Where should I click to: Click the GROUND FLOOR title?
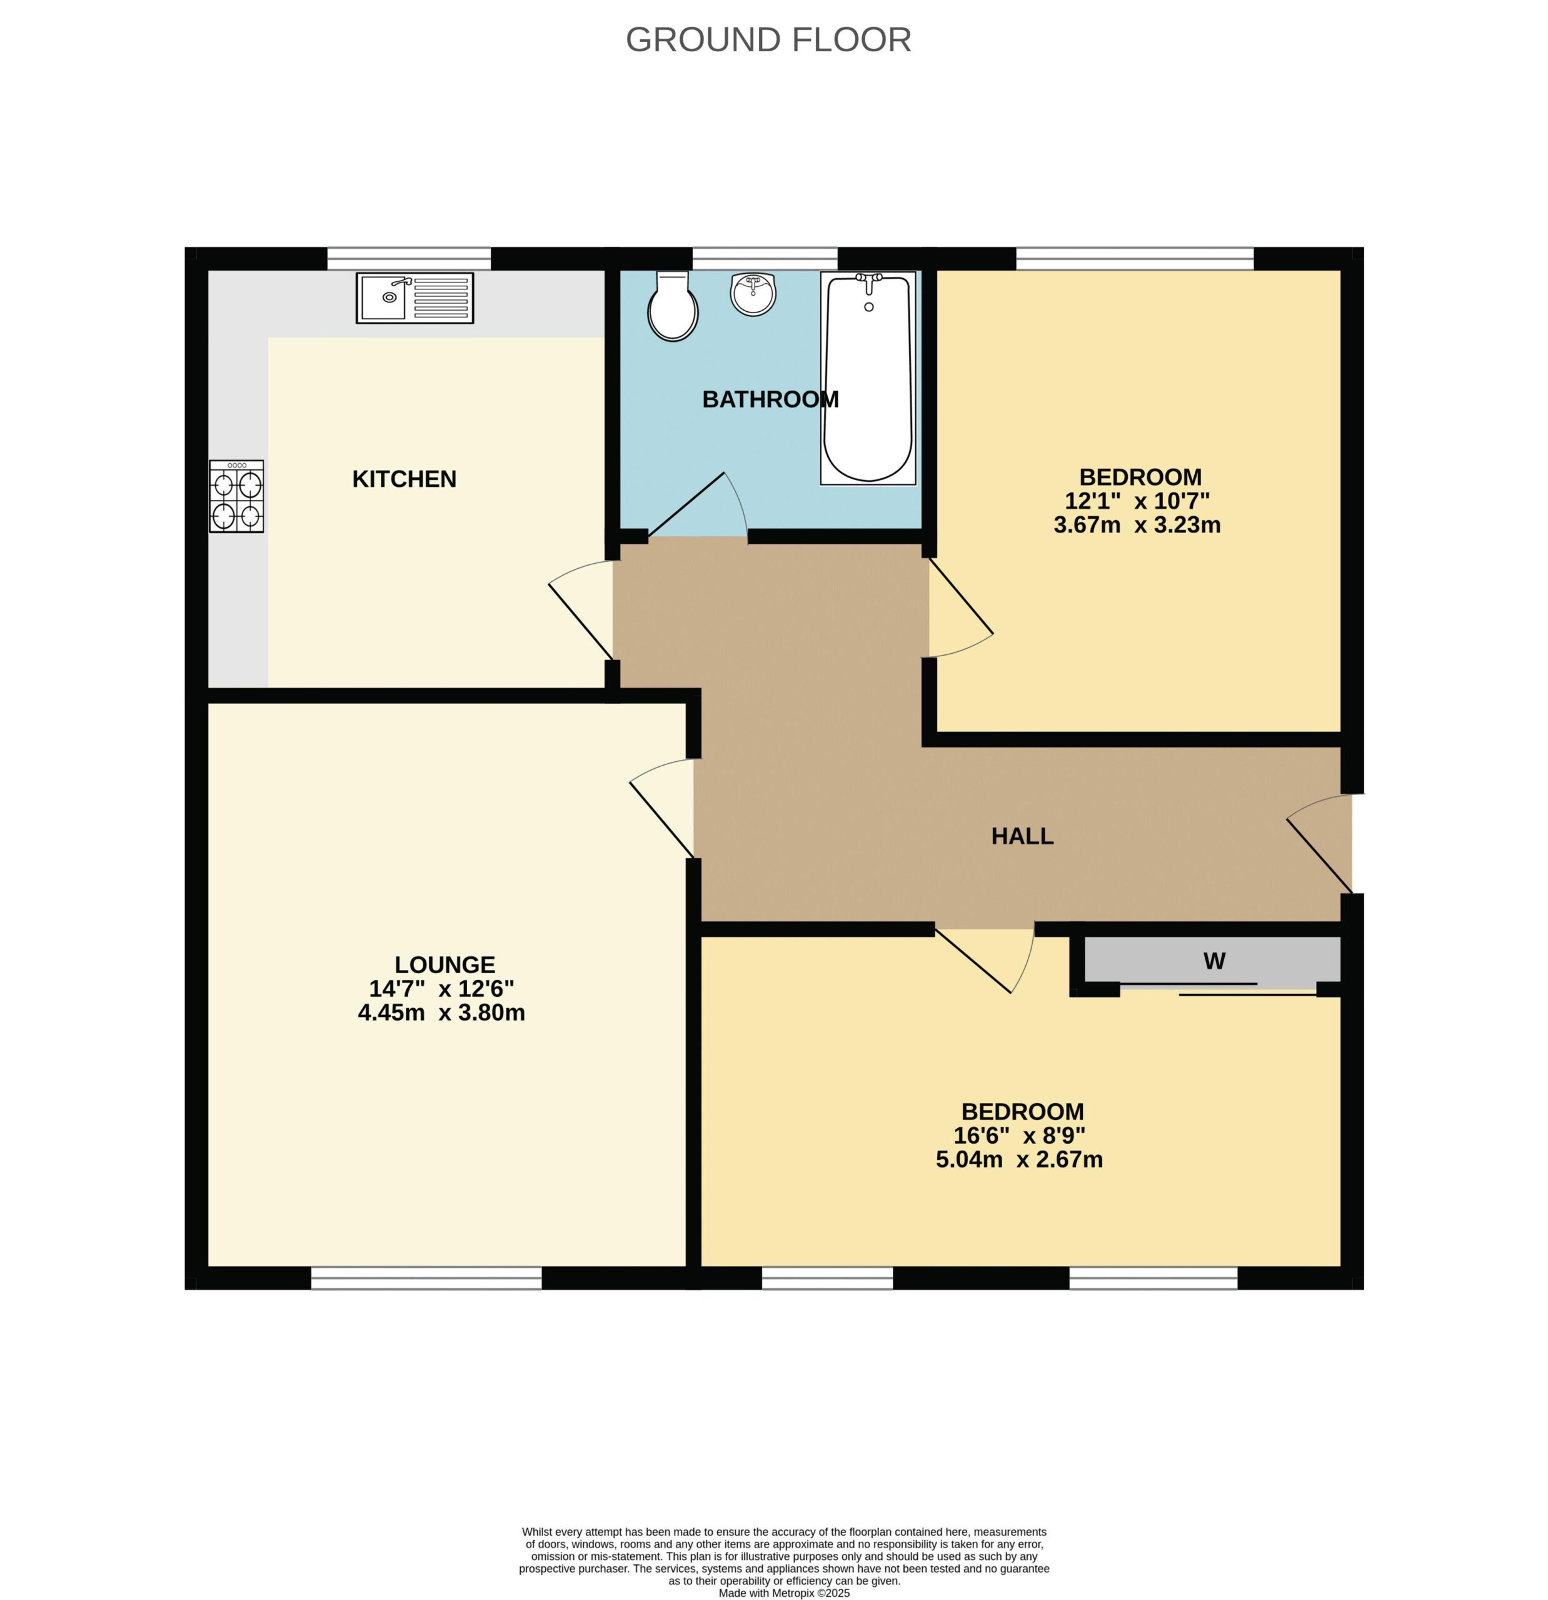point(768,40)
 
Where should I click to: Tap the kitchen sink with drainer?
point(415,298)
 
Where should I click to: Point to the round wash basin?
point(753,293)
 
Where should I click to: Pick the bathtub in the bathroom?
point(868,378)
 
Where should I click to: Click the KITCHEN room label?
point(404,479)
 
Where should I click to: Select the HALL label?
point(1022,836)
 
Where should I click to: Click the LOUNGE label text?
point(445,965)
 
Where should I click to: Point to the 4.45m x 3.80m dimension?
point(441,1013)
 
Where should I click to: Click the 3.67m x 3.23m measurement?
point(1137,525)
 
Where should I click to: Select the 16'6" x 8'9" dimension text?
point(1020,1136)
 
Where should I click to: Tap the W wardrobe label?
point(1214,961)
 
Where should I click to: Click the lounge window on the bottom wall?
point(426,1277)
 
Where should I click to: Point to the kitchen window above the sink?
point(409,258)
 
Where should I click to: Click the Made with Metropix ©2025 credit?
point(784,1592)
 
